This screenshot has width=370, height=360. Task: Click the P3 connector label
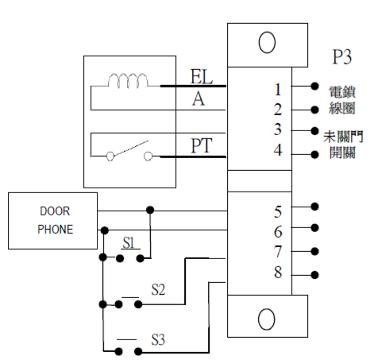pyautogui.click(x=342, y=56)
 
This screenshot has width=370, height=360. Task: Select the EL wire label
pyautogui.click(x=202, y=76)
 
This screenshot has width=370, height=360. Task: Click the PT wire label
pyautogui.click(x=202, y=145)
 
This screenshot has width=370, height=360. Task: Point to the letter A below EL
pyautogui.click(x=198, y=99)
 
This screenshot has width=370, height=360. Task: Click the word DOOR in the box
pyautogui.click(x=55, y=211)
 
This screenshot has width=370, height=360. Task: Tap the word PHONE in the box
pyautogui.click(x=56, y=230)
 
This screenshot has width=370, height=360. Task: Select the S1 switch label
pyautogui.click(x=129, y=242)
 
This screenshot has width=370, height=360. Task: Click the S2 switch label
pyautogui.click(x=158, y=289)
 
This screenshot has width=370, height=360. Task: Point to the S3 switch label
pyautogui.click(x=158, y=339)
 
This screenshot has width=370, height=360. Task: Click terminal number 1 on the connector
pyautogui.click(x=278, y=90)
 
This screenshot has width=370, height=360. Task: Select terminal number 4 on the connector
pyautogui.click(x=278, y=150)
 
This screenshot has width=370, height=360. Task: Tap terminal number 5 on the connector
pyautogui.click(x=278, y=212)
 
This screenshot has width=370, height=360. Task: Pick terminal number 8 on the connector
pyautogui.click(x=278, y=273)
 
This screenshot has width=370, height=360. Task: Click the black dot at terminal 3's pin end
pyautogui.click(x=314, y=130)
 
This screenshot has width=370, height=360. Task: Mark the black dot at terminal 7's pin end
pyautogui.click(x=314, y=251)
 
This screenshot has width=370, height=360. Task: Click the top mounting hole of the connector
pyautogui.click(x=267, y=42)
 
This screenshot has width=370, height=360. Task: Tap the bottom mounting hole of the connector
pyautogui.click(x=267, y=319)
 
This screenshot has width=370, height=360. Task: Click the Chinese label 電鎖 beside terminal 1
pyautogui.click(x=342, y=92)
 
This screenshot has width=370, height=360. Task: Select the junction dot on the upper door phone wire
pyautogui.click(x=150, y=210)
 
